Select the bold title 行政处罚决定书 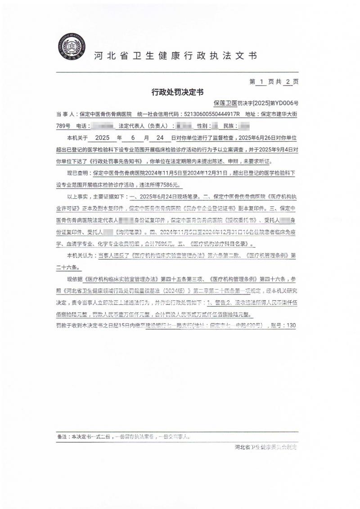[178, 92]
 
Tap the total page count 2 [288, 82]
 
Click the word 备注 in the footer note [61, 436]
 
